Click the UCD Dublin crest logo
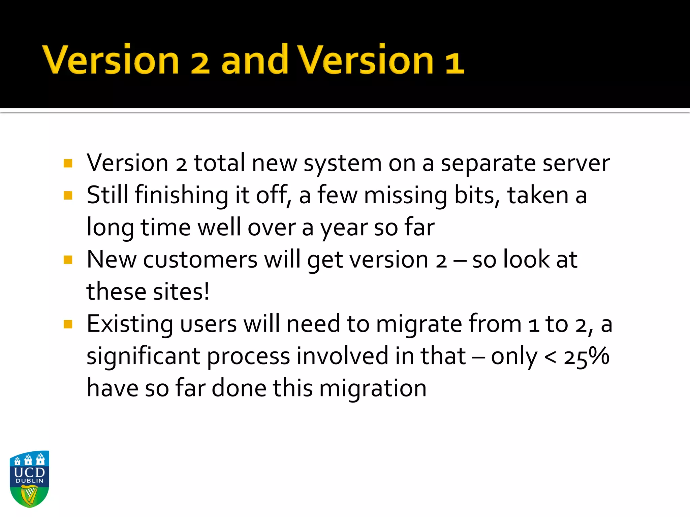tap(30, 479)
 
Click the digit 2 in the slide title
tap(199, 62)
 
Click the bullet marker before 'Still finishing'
tap(68, 196)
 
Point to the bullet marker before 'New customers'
tap(68, 260)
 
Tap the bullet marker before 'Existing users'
tap(68, 324)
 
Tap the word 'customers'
tap(200, 260)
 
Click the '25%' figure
tap(586, 356)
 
